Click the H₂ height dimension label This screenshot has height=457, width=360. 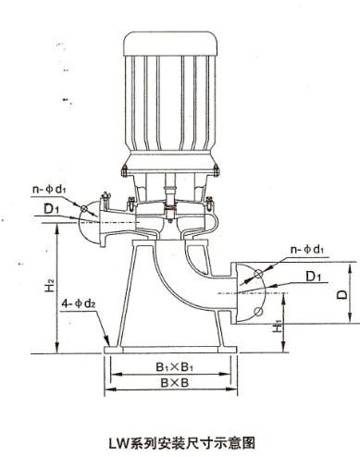pos(50,285)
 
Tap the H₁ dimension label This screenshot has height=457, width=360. pos(278,327)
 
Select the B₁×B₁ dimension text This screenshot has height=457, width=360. pos(175,367)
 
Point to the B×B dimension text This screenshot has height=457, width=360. pos(174,383)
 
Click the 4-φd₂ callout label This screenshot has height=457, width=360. pos(79,304)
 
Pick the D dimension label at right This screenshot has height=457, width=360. pos(341,295)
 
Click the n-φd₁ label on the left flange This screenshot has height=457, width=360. pos(49,189)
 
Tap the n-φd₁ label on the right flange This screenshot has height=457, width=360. pos(307,249)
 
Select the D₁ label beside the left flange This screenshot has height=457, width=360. pos(51,209)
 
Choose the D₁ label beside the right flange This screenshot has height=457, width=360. pos(314,277)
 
